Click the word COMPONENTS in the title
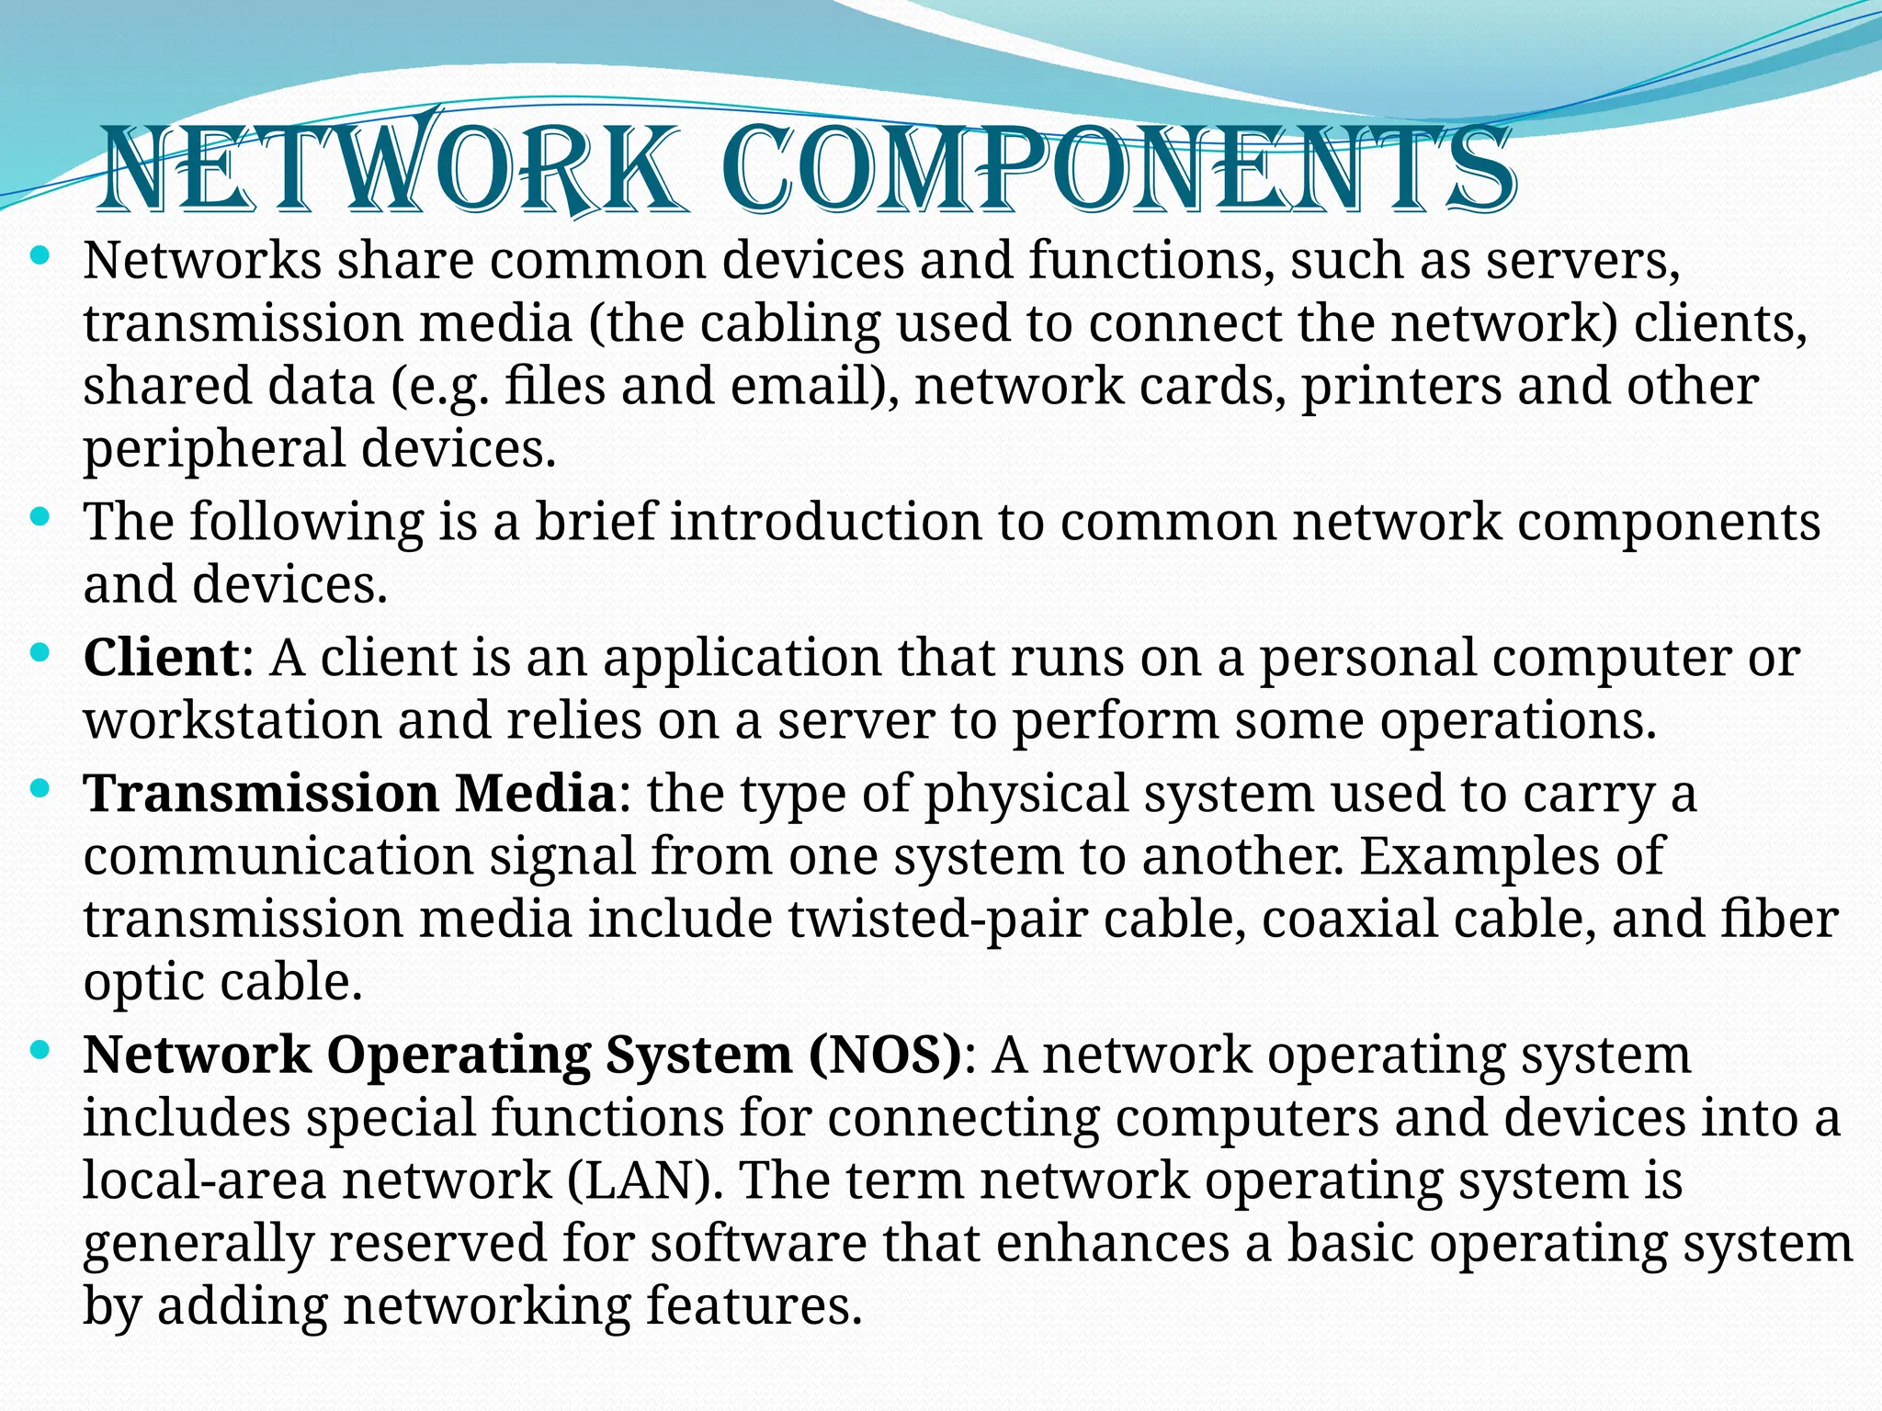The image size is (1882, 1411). (x=1117, y=171)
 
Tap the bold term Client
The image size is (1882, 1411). (x=162, y=658)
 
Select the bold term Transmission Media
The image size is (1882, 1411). (x=349, y=793)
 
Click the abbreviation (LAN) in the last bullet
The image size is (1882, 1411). (x=639, y=1180)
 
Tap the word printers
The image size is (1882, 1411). (x=1401, y=386)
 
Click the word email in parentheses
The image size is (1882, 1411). (x=799, y=386)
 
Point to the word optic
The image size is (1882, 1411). (x=143, y=983)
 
